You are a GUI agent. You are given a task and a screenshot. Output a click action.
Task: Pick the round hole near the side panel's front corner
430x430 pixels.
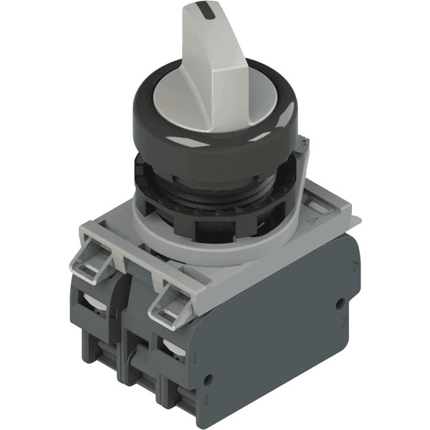(209, 376)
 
